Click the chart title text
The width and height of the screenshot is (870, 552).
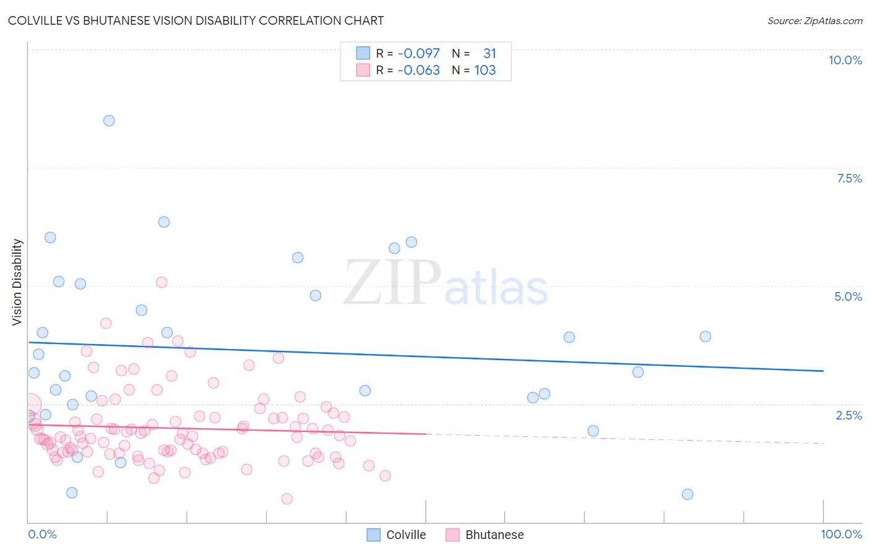tap(196, 20)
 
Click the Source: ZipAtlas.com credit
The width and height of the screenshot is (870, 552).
tap(814, 20)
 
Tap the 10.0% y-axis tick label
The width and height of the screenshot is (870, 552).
tap(845, 60)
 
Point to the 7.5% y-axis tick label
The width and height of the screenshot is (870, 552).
tap(849, 178)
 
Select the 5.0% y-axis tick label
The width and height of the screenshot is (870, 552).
tap(848, 296)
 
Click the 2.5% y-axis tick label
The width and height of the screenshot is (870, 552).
tap(848, 415)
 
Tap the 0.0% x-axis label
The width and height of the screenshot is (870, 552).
tap(42, 534)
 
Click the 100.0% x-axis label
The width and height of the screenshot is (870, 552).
tap(841, 534)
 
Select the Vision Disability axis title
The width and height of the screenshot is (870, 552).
tap(17, 282)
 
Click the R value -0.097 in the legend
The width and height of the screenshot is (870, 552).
tap(418, 53)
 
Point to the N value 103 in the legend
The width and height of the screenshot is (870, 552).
tap(485, 70)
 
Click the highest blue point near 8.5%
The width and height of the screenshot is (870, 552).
tap(109, 121)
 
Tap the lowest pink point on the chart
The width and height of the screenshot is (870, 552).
tap(286, 499)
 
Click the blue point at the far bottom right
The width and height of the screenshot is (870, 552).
tap(687, 494)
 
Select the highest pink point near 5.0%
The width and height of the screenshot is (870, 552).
tap(162, 282)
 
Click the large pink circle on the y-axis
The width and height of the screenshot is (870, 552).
tap(28, 405)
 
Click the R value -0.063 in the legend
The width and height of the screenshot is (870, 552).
tap(418, 70)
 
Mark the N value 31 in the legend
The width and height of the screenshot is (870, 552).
tap(489, 53)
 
